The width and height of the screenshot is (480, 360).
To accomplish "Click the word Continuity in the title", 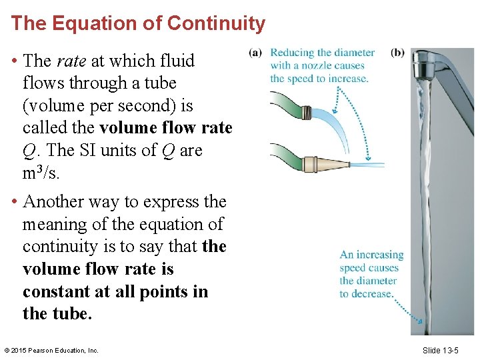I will click(x=216, y=23).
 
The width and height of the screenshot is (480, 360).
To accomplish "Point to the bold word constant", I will click(x=59, y=291).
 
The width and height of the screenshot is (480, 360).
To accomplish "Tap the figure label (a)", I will click(x=255, y=53).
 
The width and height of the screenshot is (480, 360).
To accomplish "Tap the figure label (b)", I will click(x=397, y=53).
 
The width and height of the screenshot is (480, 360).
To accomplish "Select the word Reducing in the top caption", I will click(x=292, y=53).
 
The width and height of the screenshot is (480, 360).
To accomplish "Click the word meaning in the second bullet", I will click(x=55, y=224).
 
